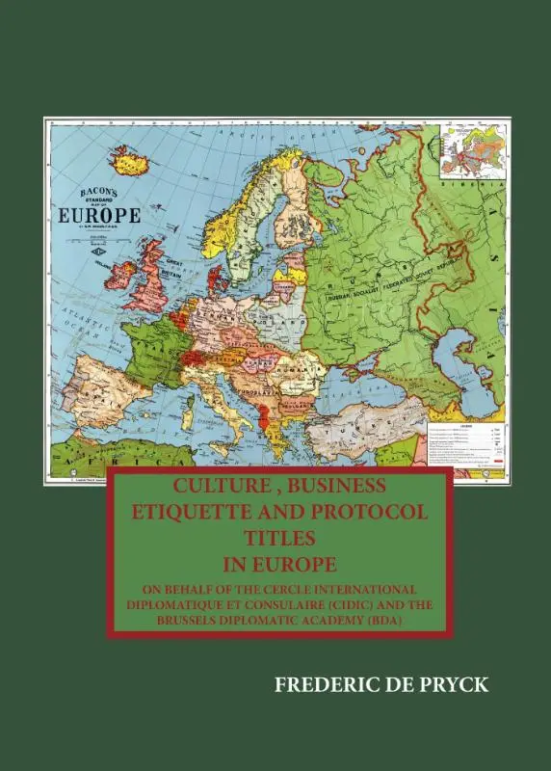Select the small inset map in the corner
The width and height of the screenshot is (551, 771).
(471, 150)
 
